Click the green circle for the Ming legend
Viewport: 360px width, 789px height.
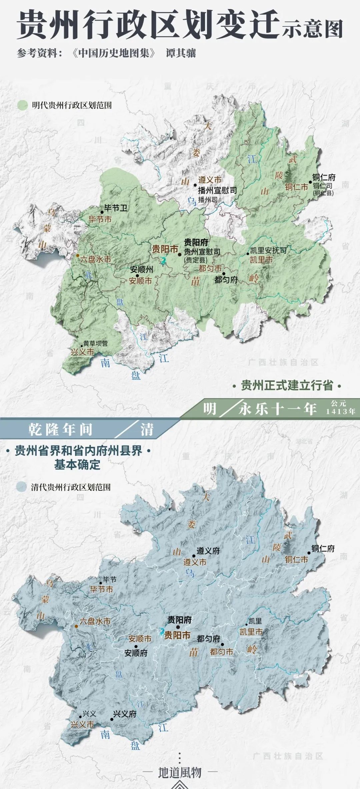[22, 105]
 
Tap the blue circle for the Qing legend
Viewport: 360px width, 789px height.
[21, 487]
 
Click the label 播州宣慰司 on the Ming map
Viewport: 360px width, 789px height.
[217, 190]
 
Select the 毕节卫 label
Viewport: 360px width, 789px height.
[115, 208]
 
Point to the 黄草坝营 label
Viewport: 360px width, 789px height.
[95, 343]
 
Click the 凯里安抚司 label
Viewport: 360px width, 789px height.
[268, 250]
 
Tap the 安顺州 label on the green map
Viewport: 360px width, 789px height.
[141, 269]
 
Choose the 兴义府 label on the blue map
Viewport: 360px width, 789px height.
[125, 714]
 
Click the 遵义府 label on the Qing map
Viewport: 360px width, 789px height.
[208, 551]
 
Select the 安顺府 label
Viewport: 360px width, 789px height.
[136, 653]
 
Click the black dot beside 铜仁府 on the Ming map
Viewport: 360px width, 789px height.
[310, 182]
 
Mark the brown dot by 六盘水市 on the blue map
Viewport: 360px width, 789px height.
[76, 626]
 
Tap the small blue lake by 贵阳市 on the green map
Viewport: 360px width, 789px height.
[163, 260]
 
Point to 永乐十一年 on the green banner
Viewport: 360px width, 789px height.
[277, 409]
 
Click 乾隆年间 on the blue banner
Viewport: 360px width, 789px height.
[60, 430]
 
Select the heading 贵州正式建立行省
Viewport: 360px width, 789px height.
[287, 386]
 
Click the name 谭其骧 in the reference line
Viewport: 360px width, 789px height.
[181, 53]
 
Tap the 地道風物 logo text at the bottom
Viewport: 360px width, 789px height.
[180, 772]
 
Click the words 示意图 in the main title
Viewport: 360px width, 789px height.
[312, 29]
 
